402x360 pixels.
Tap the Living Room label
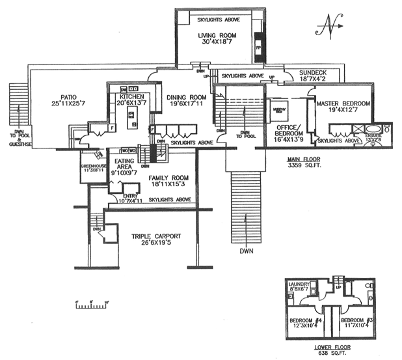pos(219,36)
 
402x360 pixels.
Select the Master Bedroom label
pos(343,104)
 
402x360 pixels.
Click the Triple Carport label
pos(156,236)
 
